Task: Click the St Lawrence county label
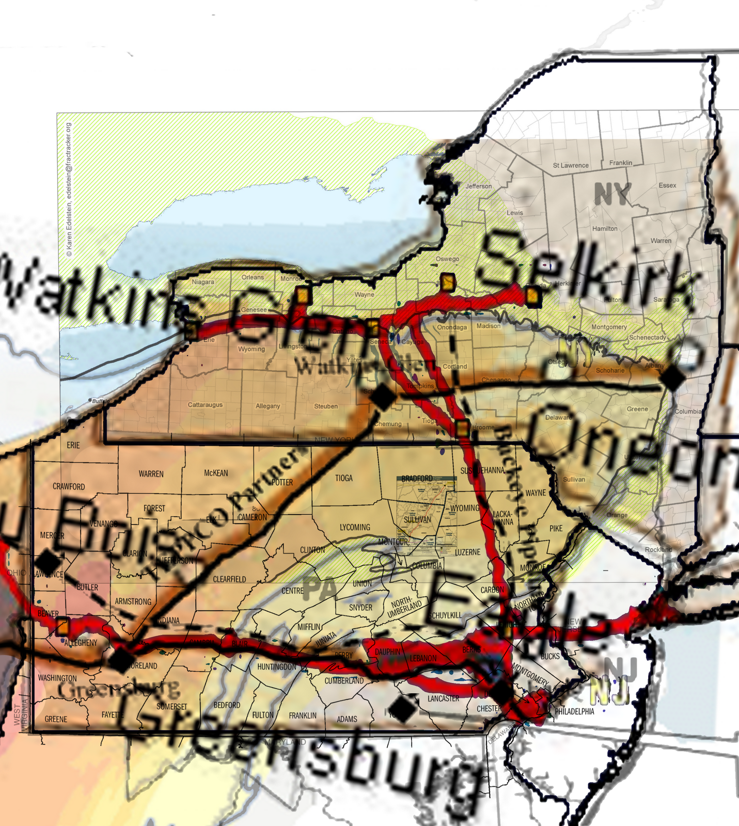(571, 165)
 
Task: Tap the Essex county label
(667, 185)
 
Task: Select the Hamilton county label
(605, 229)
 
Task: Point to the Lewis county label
(515, 213)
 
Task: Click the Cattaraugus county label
(205, 405)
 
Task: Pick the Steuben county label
(326, 406)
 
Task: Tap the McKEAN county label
(216, 473)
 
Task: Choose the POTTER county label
(282, 482)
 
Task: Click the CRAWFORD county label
(69, 486)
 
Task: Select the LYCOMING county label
(355, 527)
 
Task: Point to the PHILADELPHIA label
(574, 711)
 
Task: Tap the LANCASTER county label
(443, 698)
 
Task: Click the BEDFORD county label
(227, 705)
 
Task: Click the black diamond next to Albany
(673, 378)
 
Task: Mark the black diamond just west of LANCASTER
(404, 709)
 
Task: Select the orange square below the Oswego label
(448, 282)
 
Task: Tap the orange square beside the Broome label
(462, 428)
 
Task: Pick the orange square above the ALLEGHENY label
(62, 626)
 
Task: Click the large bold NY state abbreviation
(612, 194)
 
